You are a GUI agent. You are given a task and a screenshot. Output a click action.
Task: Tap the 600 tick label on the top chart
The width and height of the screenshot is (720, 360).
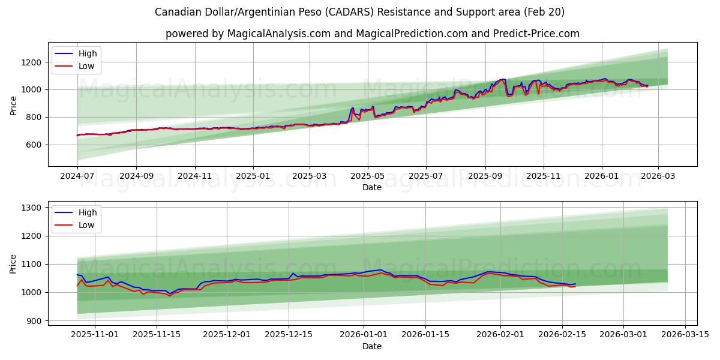click(34, 145)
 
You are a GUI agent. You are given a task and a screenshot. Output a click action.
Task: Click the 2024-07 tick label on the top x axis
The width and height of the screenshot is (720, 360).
click(77, 176)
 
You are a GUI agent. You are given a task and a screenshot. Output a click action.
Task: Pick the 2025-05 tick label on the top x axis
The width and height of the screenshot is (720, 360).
click(367, 176)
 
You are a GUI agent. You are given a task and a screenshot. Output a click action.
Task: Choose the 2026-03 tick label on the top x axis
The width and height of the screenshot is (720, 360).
click(658, 176)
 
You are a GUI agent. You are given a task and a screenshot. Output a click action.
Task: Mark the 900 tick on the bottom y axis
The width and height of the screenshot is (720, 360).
click(34, 321)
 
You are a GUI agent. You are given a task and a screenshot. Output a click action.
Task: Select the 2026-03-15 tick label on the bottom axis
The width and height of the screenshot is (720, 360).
click(686, 335)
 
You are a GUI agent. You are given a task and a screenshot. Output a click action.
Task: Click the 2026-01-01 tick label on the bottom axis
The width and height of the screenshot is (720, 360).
click(363, 335)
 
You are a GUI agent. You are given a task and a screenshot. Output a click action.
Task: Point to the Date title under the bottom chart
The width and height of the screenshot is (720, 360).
click(372, 346)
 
